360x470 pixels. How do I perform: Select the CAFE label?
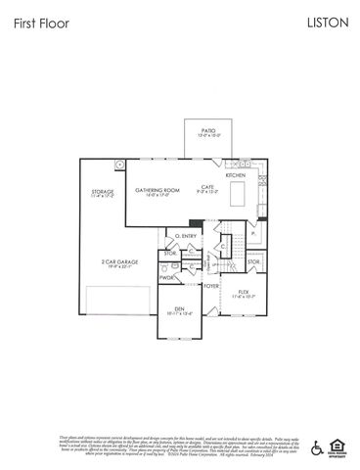(207, 187)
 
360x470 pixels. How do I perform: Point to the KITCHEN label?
(236, 175)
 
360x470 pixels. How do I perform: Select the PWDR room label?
(167, 278)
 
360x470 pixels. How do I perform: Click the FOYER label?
(211, 286)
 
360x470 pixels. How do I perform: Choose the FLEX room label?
(245, 292)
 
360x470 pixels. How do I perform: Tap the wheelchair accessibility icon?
(316, 447)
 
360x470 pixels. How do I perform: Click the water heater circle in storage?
(120, 164)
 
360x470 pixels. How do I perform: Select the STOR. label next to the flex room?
(253, 261)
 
